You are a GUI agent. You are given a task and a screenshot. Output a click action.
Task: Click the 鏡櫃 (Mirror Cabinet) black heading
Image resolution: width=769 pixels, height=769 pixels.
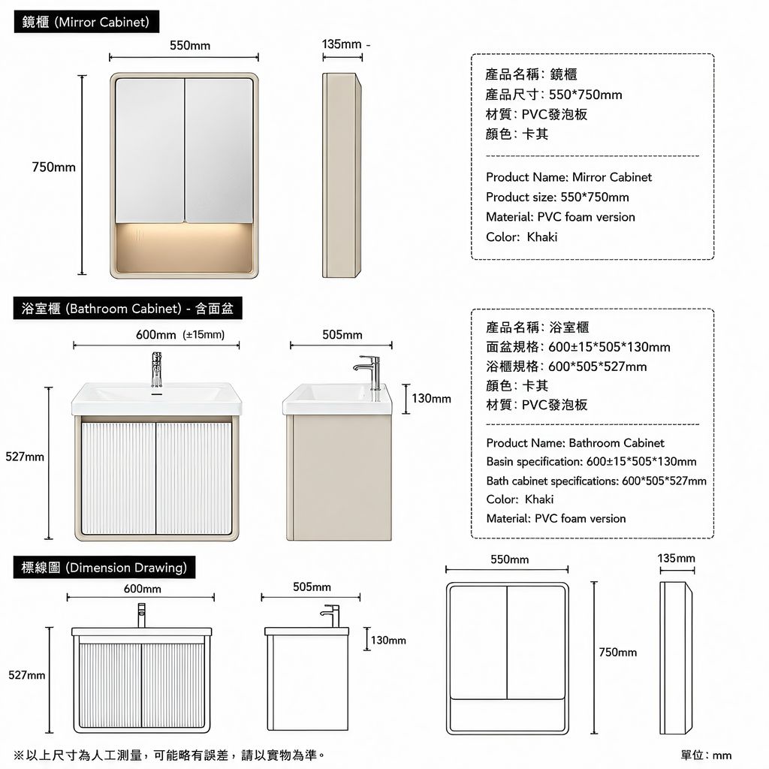[86, 22]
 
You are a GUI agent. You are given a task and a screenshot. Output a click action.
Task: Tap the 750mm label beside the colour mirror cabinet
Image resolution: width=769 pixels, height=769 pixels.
[54, 167]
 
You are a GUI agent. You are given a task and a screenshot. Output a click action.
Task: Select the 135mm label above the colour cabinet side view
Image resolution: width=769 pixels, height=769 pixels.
[342, 44]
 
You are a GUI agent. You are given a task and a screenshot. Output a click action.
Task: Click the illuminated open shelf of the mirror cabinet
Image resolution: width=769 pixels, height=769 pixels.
[185, 247]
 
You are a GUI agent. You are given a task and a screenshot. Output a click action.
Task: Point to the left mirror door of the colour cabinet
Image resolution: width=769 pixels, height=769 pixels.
[150, 150]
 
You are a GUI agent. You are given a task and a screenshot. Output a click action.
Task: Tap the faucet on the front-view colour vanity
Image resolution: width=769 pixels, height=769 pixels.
[156, 369]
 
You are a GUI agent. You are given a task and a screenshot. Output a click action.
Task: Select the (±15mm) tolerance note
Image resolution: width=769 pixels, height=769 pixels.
[204, 334]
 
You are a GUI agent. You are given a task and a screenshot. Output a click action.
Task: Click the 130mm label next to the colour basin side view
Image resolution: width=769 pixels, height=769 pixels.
[431, 398]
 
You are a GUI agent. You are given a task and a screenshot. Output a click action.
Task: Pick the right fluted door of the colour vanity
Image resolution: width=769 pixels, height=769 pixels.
[194, 478]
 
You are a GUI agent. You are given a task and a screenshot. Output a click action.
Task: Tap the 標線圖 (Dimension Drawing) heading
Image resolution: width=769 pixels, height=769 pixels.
[104, 568]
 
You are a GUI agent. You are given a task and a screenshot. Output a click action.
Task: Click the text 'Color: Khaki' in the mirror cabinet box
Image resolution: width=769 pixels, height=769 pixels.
[521, 237]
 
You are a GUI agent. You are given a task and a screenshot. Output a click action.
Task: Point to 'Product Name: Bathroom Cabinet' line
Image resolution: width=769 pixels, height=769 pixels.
[574, 443]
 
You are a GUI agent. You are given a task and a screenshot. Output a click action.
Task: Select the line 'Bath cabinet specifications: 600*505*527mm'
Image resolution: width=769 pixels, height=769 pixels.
[596, 481]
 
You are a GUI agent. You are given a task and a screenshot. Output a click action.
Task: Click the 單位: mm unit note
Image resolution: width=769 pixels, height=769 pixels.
[706, 755]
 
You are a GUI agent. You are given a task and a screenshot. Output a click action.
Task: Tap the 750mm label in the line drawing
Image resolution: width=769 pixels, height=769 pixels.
[618, 653]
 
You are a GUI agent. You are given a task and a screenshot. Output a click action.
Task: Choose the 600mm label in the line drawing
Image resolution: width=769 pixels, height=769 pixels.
[142, 589]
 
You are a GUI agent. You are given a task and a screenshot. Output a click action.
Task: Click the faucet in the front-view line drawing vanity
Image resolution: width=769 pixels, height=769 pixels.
[141, 616]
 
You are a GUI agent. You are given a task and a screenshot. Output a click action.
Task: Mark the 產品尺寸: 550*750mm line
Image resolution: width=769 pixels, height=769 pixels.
[553, 95]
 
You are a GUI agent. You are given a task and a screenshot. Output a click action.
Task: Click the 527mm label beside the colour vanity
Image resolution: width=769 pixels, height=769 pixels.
[25, 457]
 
